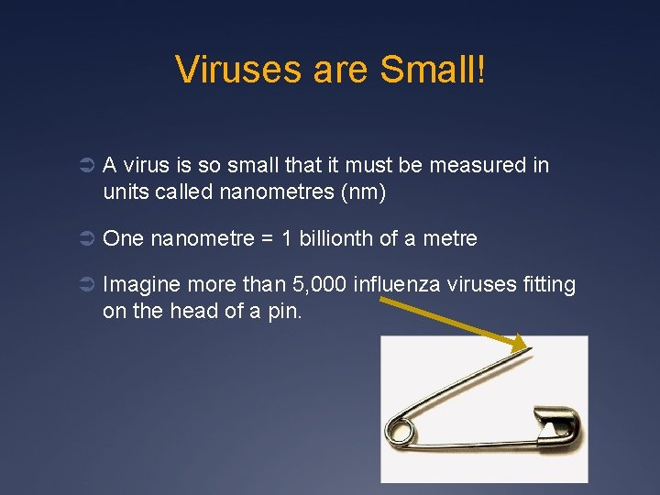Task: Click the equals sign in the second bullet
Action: coord(268,239)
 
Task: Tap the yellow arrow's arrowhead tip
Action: coord(528,349)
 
